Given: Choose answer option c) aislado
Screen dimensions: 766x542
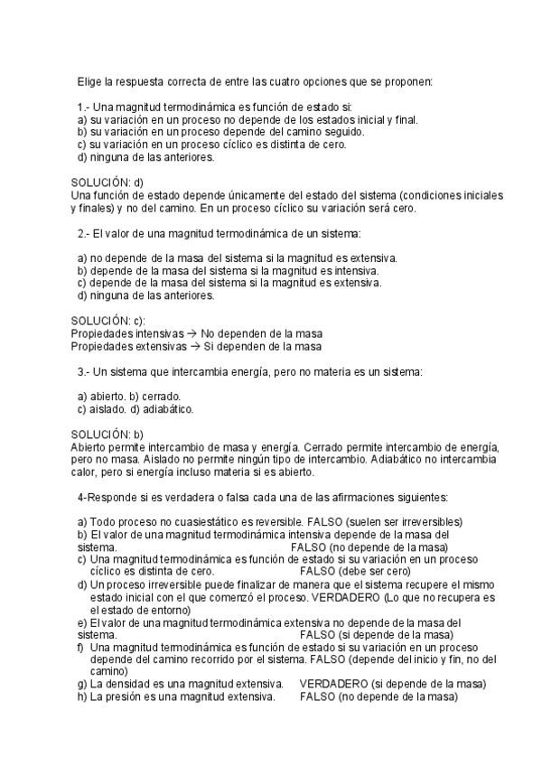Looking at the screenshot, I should (x=101, y=408).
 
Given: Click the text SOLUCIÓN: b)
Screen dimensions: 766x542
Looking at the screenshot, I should (x=107, y=434).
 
